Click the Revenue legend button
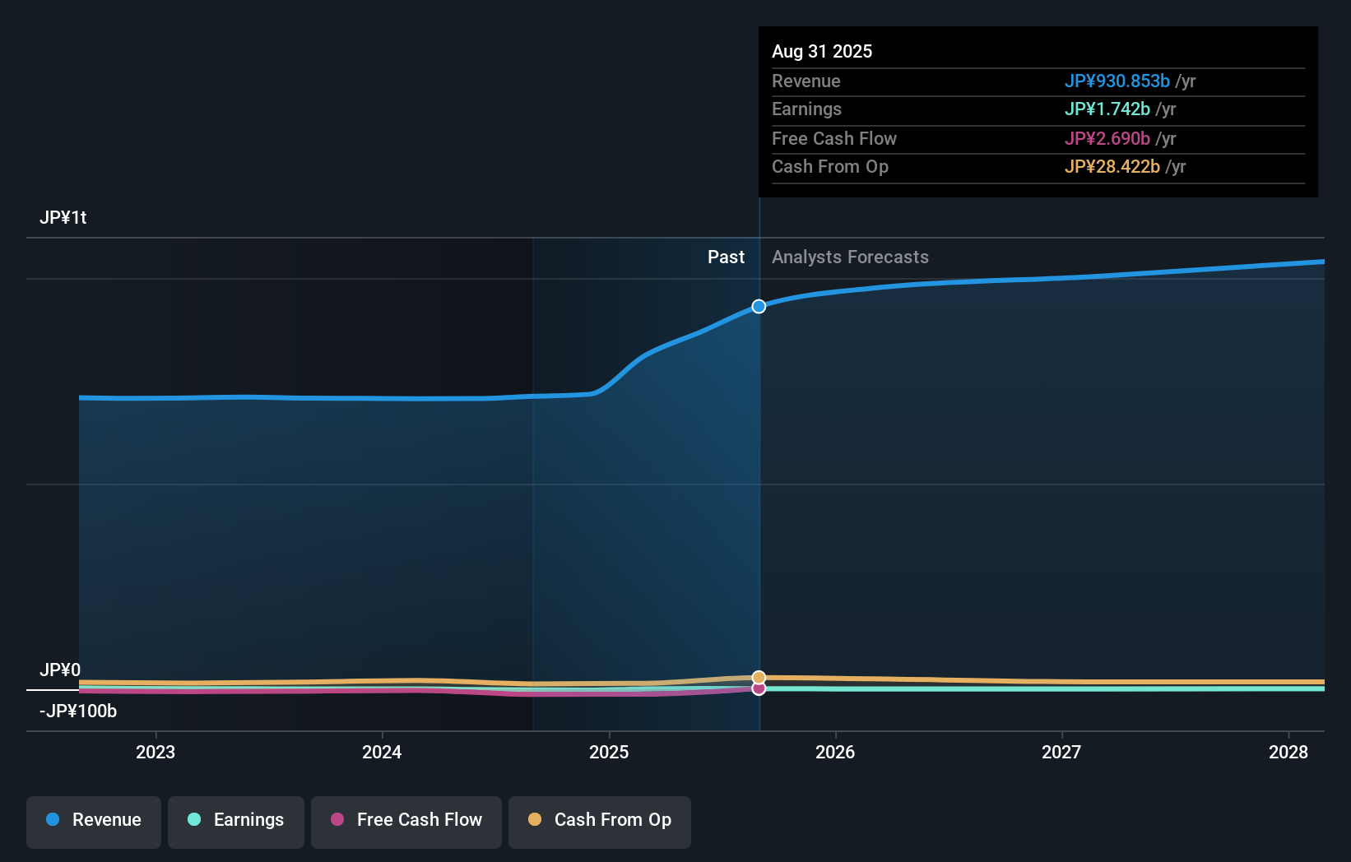click(x=94, y=820)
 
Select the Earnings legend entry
click(x=236, y=820)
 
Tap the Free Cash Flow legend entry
click(x=406, y=820)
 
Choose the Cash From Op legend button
click(x=600, y=820)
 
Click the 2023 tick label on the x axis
click(x=156, y=752)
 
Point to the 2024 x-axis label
click(x=382, y=752)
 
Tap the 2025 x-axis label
click(x=609, y=752)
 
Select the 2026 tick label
click(x=835, y=752)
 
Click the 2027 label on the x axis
click(x=1061, y=752)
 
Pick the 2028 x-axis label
click(x=1288, y=752)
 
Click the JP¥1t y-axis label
click(x=63, y=218)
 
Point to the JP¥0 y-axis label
click(x=60, y=670)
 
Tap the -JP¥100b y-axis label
click(x=78, y=711)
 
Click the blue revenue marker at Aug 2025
click(x=759, y=306)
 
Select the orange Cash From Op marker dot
click(x=759, y=678)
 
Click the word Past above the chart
click(x=726, y=257)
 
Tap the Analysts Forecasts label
click(x=850, y=257)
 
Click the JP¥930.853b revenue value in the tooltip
click(x=1117, y=81)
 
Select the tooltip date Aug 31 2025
click(x=822, y=52)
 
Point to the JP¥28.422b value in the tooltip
click(x=1112, y=167)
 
